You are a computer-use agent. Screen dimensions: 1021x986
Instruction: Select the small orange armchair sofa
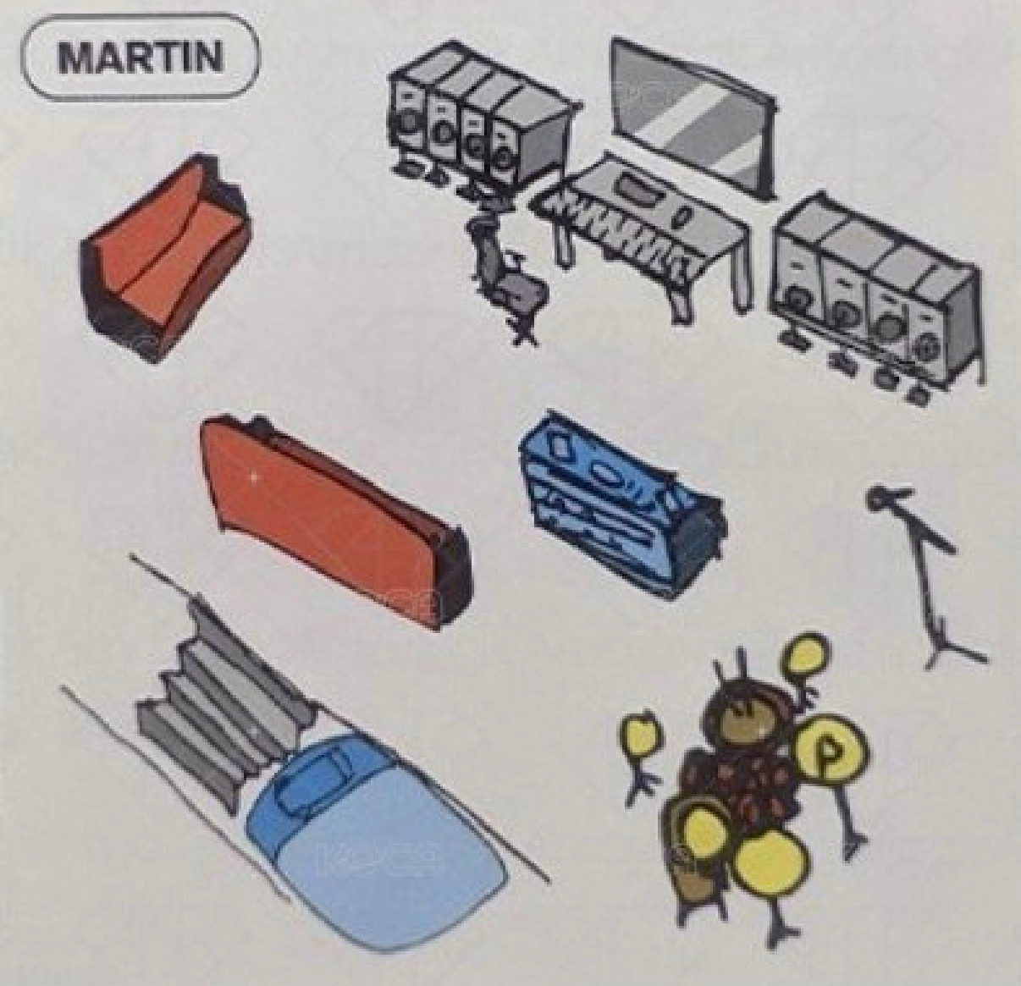click(x=165, y=257)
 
